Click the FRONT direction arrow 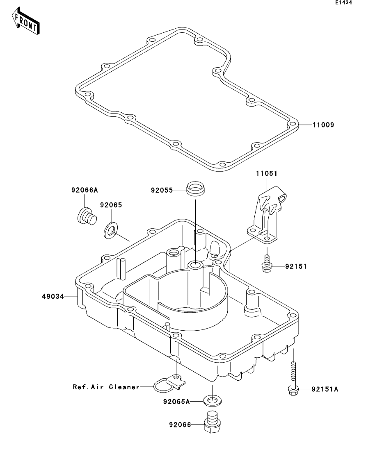[26, 21]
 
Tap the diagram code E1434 [343, 2]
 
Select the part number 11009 [323, 125]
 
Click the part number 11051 [266, 173]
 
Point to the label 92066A [85, 190]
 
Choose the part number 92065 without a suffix [111, 205]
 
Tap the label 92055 [162, 190]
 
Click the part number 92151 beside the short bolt [296, 266]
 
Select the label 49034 [53, 296]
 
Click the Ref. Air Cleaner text [106, 387]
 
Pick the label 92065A [176, 402]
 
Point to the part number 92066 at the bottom [180, 425]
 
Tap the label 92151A [325, 389]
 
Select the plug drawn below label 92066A [87, 216]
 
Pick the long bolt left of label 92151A [293, 379]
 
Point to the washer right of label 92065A [213, 401]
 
